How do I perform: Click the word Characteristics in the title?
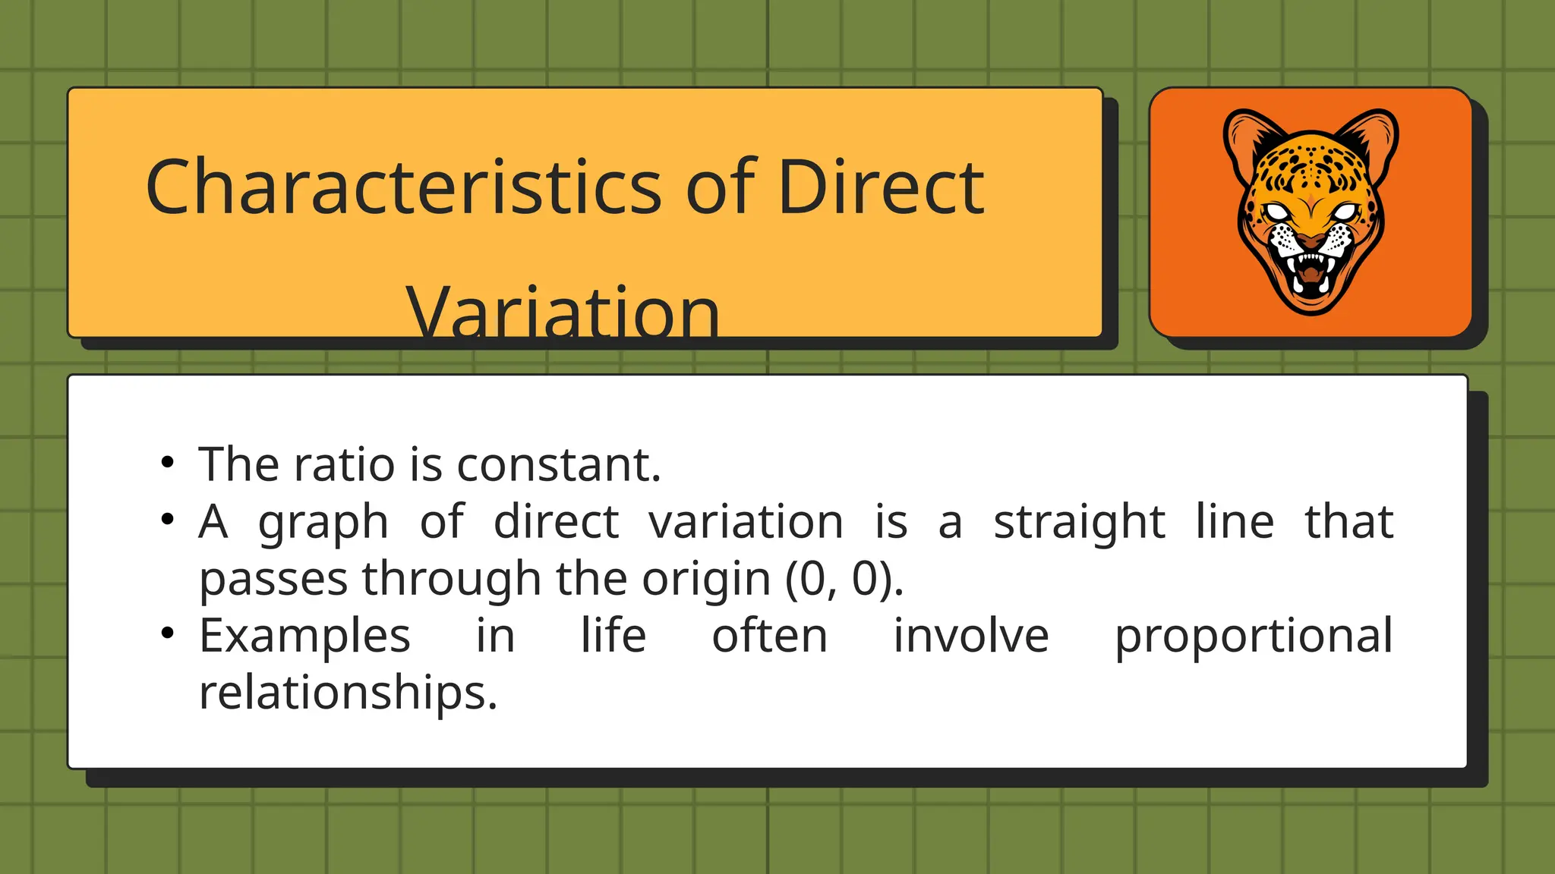point(403,187)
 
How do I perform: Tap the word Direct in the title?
point(881,187)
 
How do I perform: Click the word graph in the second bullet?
point(323,523)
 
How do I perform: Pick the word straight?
point(1079,523)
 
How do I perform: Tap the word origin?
point(706,580)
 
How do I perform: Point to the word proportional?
point(1254,637)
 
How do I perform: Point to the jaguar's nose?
point(1311,242)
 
